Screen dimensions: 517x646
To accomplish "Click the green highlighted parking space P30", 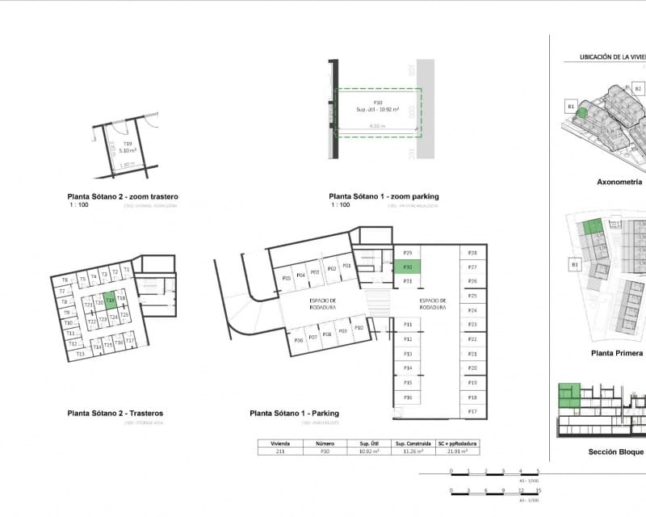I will coord(408,267).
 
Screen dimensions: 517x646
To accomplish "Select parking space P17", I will coord(472,412).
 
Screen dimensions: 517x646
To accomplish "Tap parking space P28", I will coord(472,253).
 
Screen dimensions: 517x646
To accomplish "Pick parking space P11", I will coord(408,325).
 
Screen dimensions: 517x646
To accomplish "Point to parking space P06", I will coord(299,340).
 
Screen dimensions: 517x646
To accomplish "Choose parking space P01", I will coord(346,266).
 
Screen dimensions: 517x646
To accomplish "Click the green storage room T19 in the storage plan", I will coord(110,299).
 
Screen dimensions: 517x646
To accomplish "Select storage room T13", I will coord(80,354).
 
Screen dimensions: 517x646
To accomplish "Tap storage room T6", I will coord(64,280).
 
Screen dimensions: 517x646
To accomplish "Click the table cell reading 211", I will coord(279,452).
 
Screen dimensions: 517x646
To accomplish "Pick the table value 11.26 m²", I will coord(410,452).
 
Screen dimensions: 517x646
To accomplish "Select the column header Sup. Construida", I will coord(410,443).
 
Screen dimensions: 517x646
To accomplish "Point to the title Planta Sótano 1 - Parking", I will coord(294,413).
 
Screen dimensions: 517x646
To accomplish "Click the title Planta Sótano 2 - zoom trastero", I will coord(123,196).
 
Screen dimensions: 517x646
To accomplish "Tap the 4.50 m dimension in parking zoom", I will coord(376,126).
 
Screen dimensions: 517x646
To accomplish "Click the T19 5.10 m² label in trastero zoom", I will coord(128,147).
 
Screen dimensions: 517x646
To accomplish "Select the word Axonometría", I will coord(619,183).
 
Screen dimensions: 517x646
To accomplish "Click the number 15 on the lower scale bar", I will coord(538,490).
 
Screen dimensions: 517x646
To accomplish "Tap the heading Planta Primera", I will coord(617,353).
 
